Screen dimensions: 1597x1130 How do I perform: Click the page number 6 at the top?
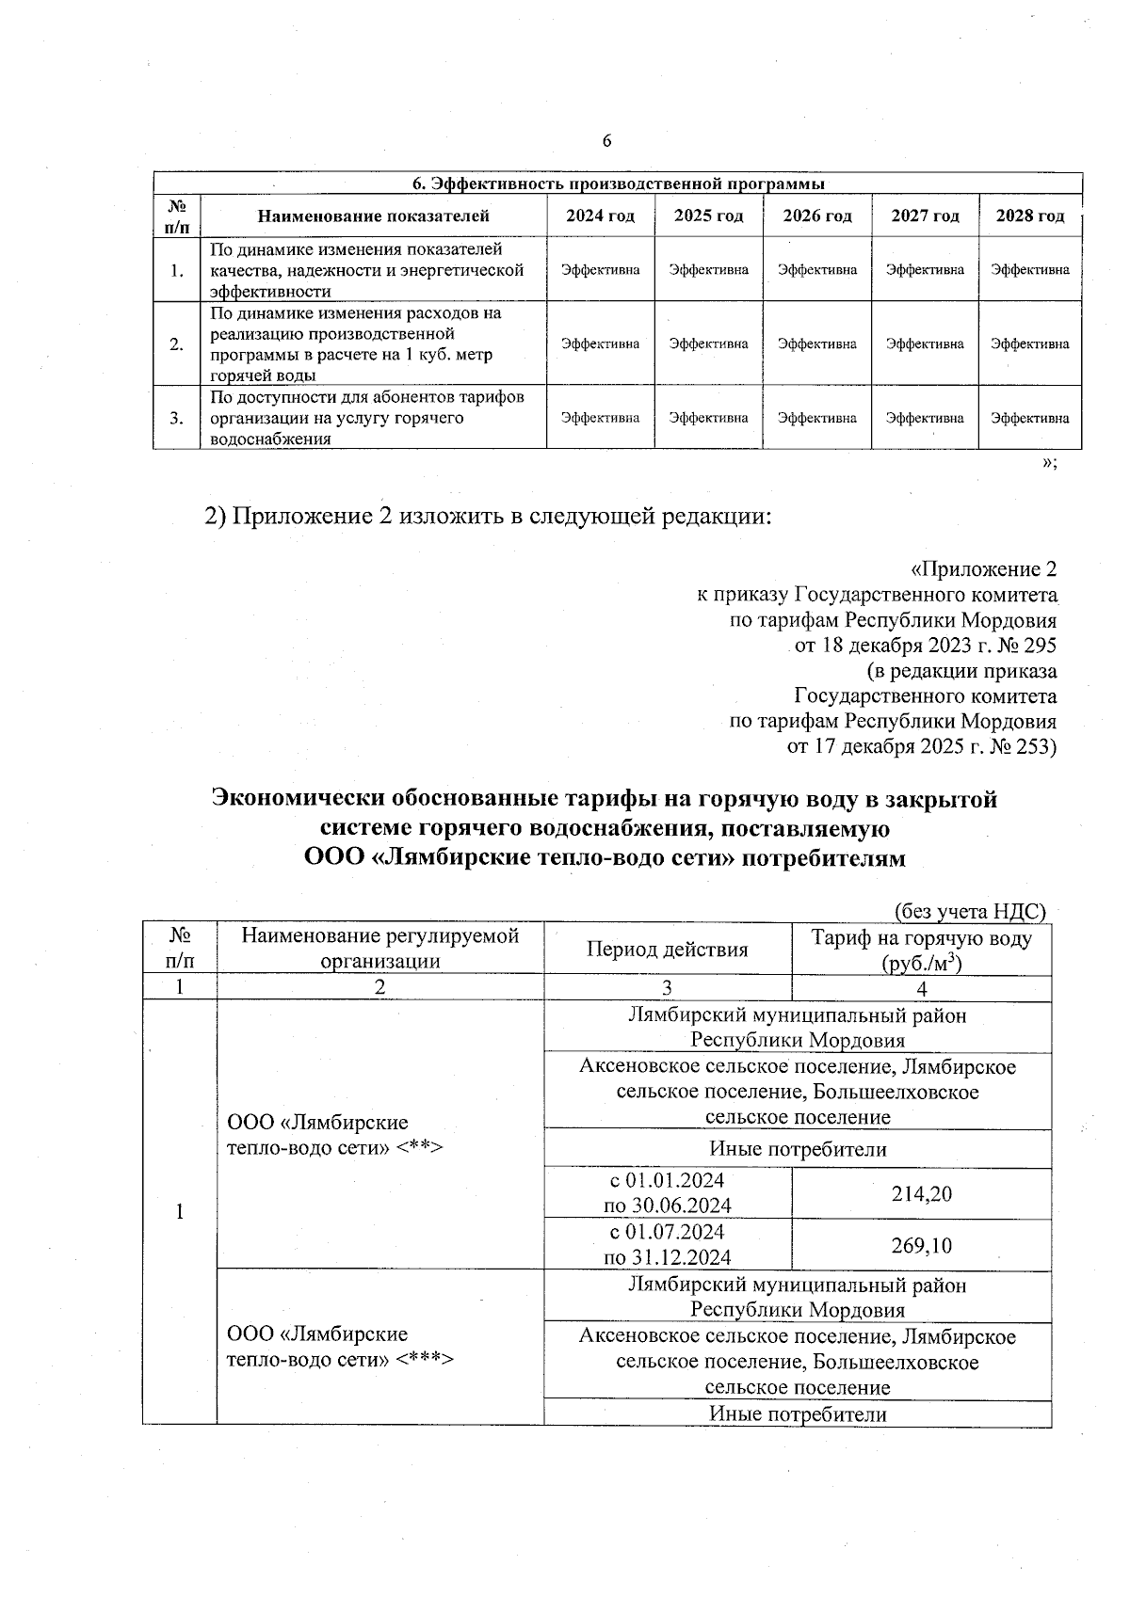(606, 141)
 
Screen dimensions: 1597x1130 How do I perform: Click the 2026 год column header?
(816, 216)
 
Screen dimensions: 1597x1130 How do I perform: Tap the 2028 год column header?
(1030, 216)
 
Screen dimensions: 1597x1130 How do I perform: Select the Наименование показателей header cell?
(374, 216)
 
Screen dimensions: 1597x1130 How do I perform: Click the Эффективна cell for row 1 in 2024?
(601, 269)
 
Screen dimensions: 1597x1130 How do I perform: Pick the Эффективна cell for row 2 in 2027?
(925, 343)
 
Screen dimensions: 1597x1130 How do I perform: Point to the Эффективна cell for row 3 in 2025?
(708, 417)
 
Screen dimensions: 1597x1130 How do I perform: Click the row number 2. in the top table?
(177, 343)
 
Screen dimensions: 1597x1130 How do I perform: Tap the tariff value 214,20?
(921, 1194)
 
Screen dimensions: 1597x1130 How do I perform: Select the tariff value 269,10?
(921, 1245)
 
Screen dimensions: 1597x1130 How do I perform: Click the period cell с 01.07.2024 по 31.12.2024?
(667, 1244)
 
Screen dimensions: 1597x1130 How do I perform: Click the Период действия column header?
(667, 950)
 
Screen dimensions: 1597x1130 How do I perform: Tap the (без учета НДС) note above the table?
(969, 911)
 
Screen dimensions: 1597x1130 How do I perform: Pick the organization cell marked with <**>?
(334, 1135)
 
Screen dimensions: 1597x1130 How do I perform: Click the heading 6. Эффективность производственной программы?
(619, 183)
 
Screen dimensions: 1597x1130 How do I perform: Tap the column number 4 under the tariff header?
(921, 988)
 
